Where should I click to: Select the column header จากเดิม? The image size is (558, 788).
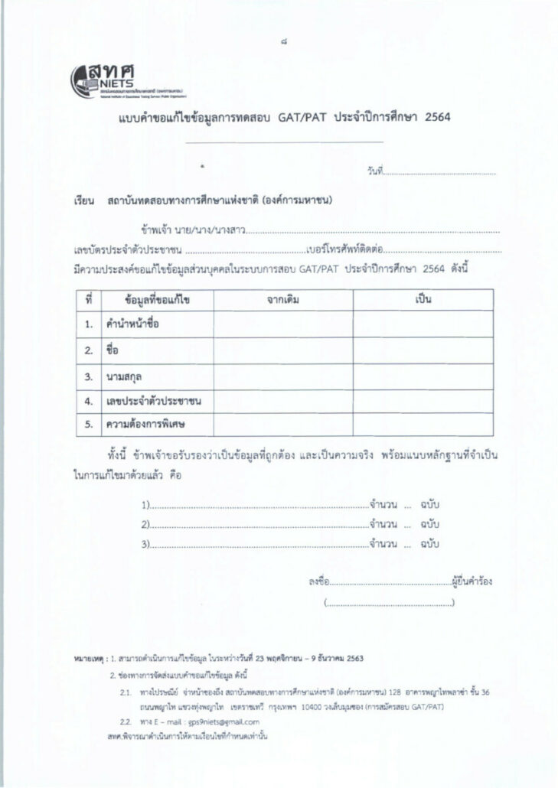(283, 299)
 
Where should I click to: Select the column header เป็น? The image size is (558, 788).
(423, 299)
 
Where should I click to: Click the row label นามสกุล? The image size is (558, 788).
(124, 376)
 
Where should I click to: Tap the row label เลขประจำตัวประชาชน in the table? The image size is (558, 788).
(158, 401)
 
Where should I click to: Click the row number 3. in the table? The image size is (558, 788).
(89, 376)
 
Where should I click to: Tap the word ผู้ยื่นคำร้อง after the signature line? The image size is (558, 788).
(472, 581)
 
